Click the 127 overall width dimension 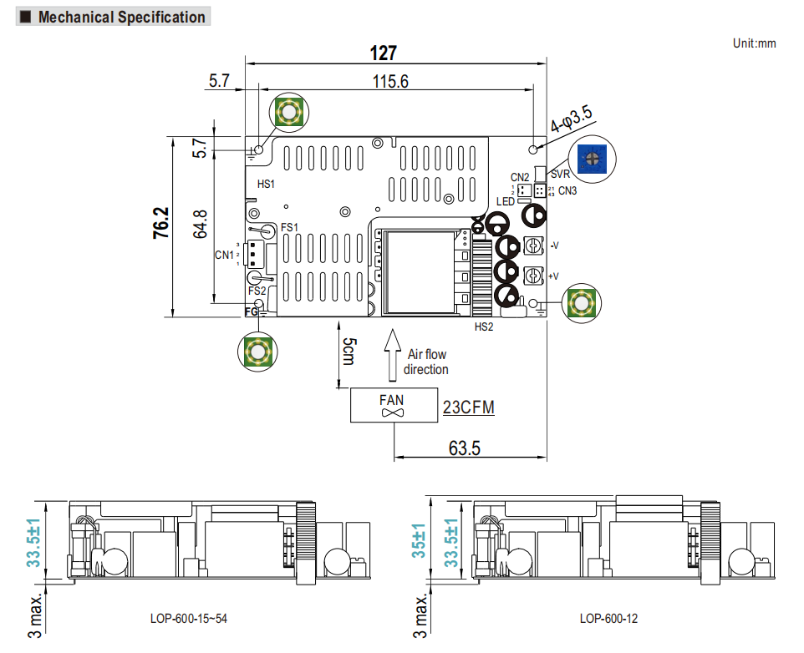(x=384, y=53)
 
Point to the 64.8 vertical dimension (x=201, y=224)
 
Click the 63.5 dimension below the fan (x=465, y=448)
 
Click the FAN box (x=392, y=406)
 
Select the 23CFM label (x=468, y=407)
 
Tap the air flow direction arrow (x=390, y=352)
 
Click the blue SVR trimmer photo (x=591, y=156)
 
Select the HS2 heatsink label (x=484, y=327)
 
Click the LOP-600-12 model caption (x=608, y=619)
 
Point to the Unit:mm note (x=755, y=43)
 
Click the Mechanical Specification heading (x=121, y=17)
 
